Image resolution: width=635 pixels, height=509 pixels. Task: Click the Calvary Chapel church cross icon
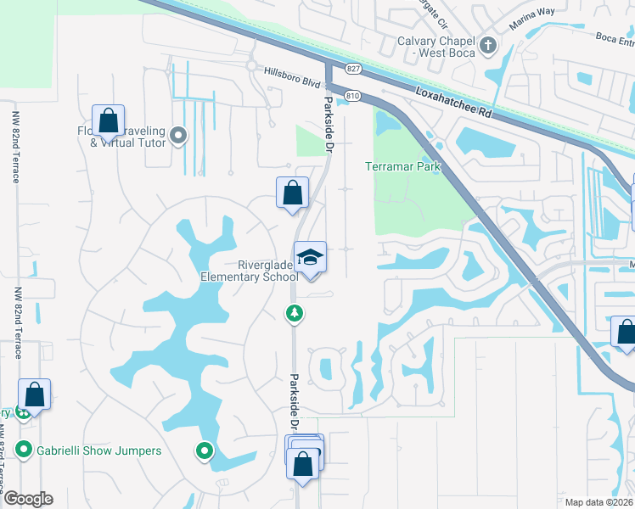tap(488, 44)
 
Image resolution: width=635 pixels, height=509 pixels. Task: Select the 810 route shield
tap(353, 96)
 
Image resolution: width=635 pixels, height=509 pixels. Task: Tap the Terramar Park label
tap(403, 167)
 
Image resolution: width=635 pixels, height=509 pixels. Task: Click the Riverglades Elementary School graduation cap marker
tap(310, 257)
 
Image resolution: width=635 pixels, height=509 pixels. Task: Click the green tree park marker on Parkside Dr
tap(294, 314)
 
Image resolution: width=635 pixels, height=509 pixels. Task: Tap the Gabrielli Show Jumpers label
tap(98, 450)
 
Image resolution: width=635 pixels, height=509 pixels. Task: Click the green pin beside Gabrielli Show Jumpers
tap(24, 450)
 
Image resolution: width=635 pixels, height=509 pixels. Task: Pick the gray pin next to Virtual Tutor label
tap(178, 135)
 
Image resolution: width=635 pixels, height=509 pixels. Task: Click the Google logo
tap(28, 499)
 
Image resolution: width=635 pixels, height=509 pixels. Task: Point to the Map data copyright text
tap(599, 502)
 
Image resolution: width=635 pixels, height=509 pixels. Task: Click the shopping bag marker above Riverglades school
tap(292, 192)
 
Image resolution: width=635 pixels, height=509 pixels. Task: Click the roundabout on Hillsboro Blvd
tap(251, 64)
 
